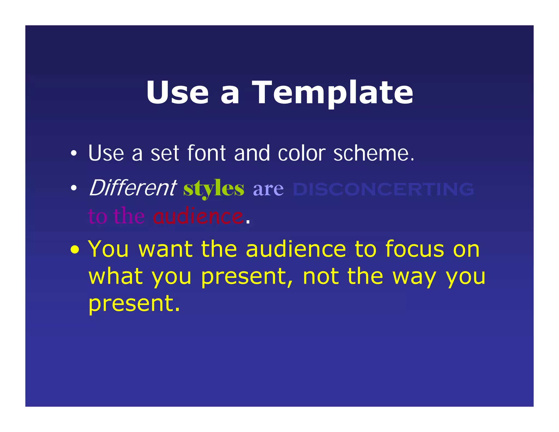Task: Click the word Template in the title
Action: pyautogui.click(x=332, y=93)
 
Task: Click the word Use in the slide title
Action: pyautogui.click(x=177, y=93)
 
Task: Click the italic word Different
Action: pyautogui.click(x=133, y=188)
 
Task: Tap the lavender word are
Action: pyautogui.click(x=268, y=189)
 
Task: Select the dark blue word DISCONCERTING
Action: pyautogui.click(x=383, y=189)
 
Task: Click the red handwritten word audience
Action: pyautogui.click(x=198, y=216)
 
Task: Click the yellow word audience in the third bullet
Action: pyautogui.click(x=296, y=249)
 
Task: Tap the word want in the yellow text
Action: pyautogui.click(x=165, y=249)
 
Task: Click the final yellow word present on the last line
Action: pyautogui.click(x=134, y=304)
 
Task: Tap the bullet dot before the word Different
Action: pyautogui.click(x=73, y=188)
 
